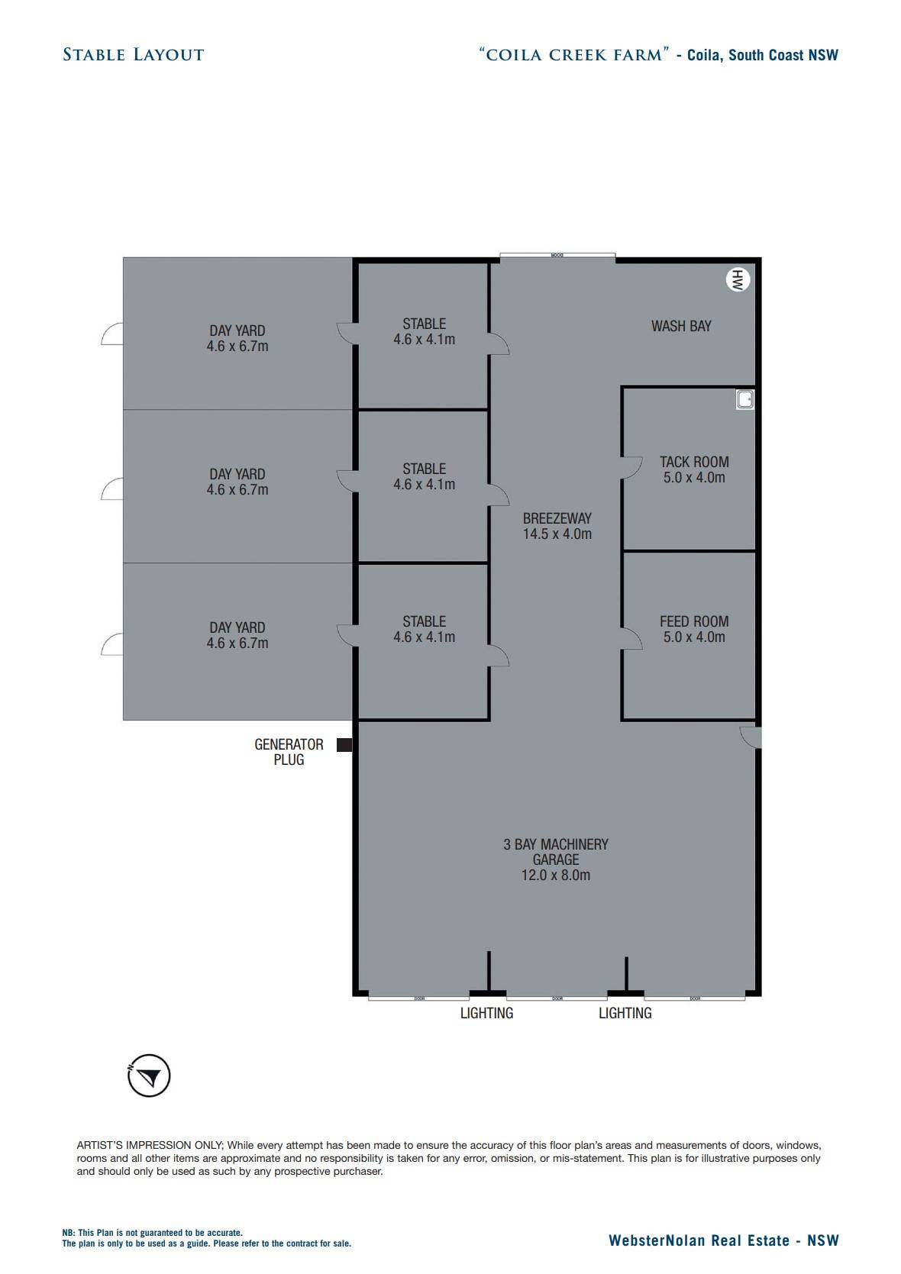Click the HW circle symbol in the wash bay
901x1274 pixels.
737,280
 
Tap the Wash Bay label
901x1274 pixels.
681,326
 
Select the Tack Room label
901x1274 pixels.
694,469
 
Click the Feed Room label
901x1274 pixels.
694,629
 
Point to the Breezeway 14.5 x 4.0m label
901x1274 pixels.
557,526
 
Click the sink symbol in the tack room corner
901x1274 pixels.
745,399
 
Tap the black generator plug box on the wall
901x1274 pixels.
344,745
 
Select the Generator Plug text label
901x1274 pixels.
289,752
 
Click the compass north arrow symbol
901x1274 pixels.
149,1076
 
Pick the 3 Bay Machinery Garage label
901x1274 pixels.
556,860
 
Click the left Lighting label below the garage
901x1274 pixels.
486,1013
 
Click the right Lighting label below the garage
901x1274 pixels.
625,1013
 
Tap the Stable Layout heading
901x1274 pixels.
134,55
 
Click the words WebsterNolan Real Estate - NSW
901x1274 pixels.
723,1240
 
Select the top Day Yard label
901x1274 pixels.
237,338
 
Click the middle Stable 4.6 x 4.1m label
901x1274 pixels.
424,476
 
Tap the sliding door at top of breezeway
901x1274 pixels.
557,256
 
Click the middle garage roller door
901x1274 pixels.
557,998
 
